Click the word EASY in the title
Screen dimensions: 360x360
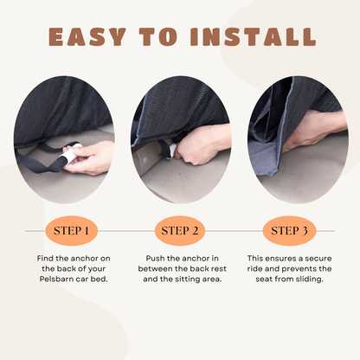(87, 36)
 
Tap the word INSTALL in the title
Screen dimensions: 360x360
(253, 36)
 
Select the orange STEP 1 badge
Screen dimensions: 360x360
(71, 231)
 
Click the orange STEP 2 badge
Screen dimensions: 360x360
(180, 231)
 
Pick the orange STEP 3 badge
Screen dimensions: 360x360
(289, 231)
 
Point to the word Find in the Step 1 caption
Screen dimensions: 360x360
(45, 258)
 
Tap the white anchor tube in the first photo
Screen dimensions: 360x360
(70, 154)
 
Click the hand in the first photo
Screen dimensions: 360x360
(88, 157)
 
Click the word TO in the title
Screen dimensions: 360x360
(158, 36)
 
